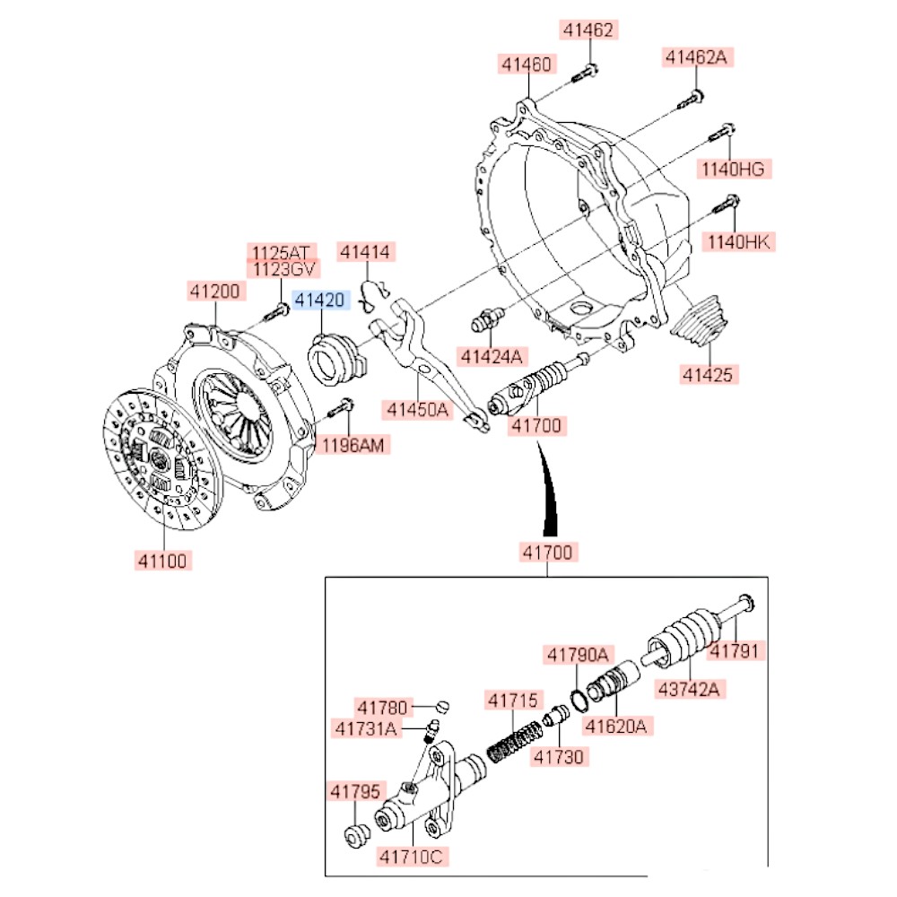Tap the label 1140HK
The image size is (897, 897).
click(x=738, y=242)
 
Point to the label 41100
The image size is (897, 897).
click(x=162, y=562)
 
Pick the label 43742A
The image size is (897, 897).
click(x=689, y=689)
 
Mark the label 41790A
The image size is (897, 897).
click(x=577, y=656)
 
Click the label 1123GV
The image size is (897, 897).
click(x=282, y=268)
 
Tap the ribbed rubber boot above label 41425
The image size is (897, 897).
click(x=702, y=324)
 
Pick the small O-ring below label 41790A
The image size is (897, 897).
click(x=579, y=697)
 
